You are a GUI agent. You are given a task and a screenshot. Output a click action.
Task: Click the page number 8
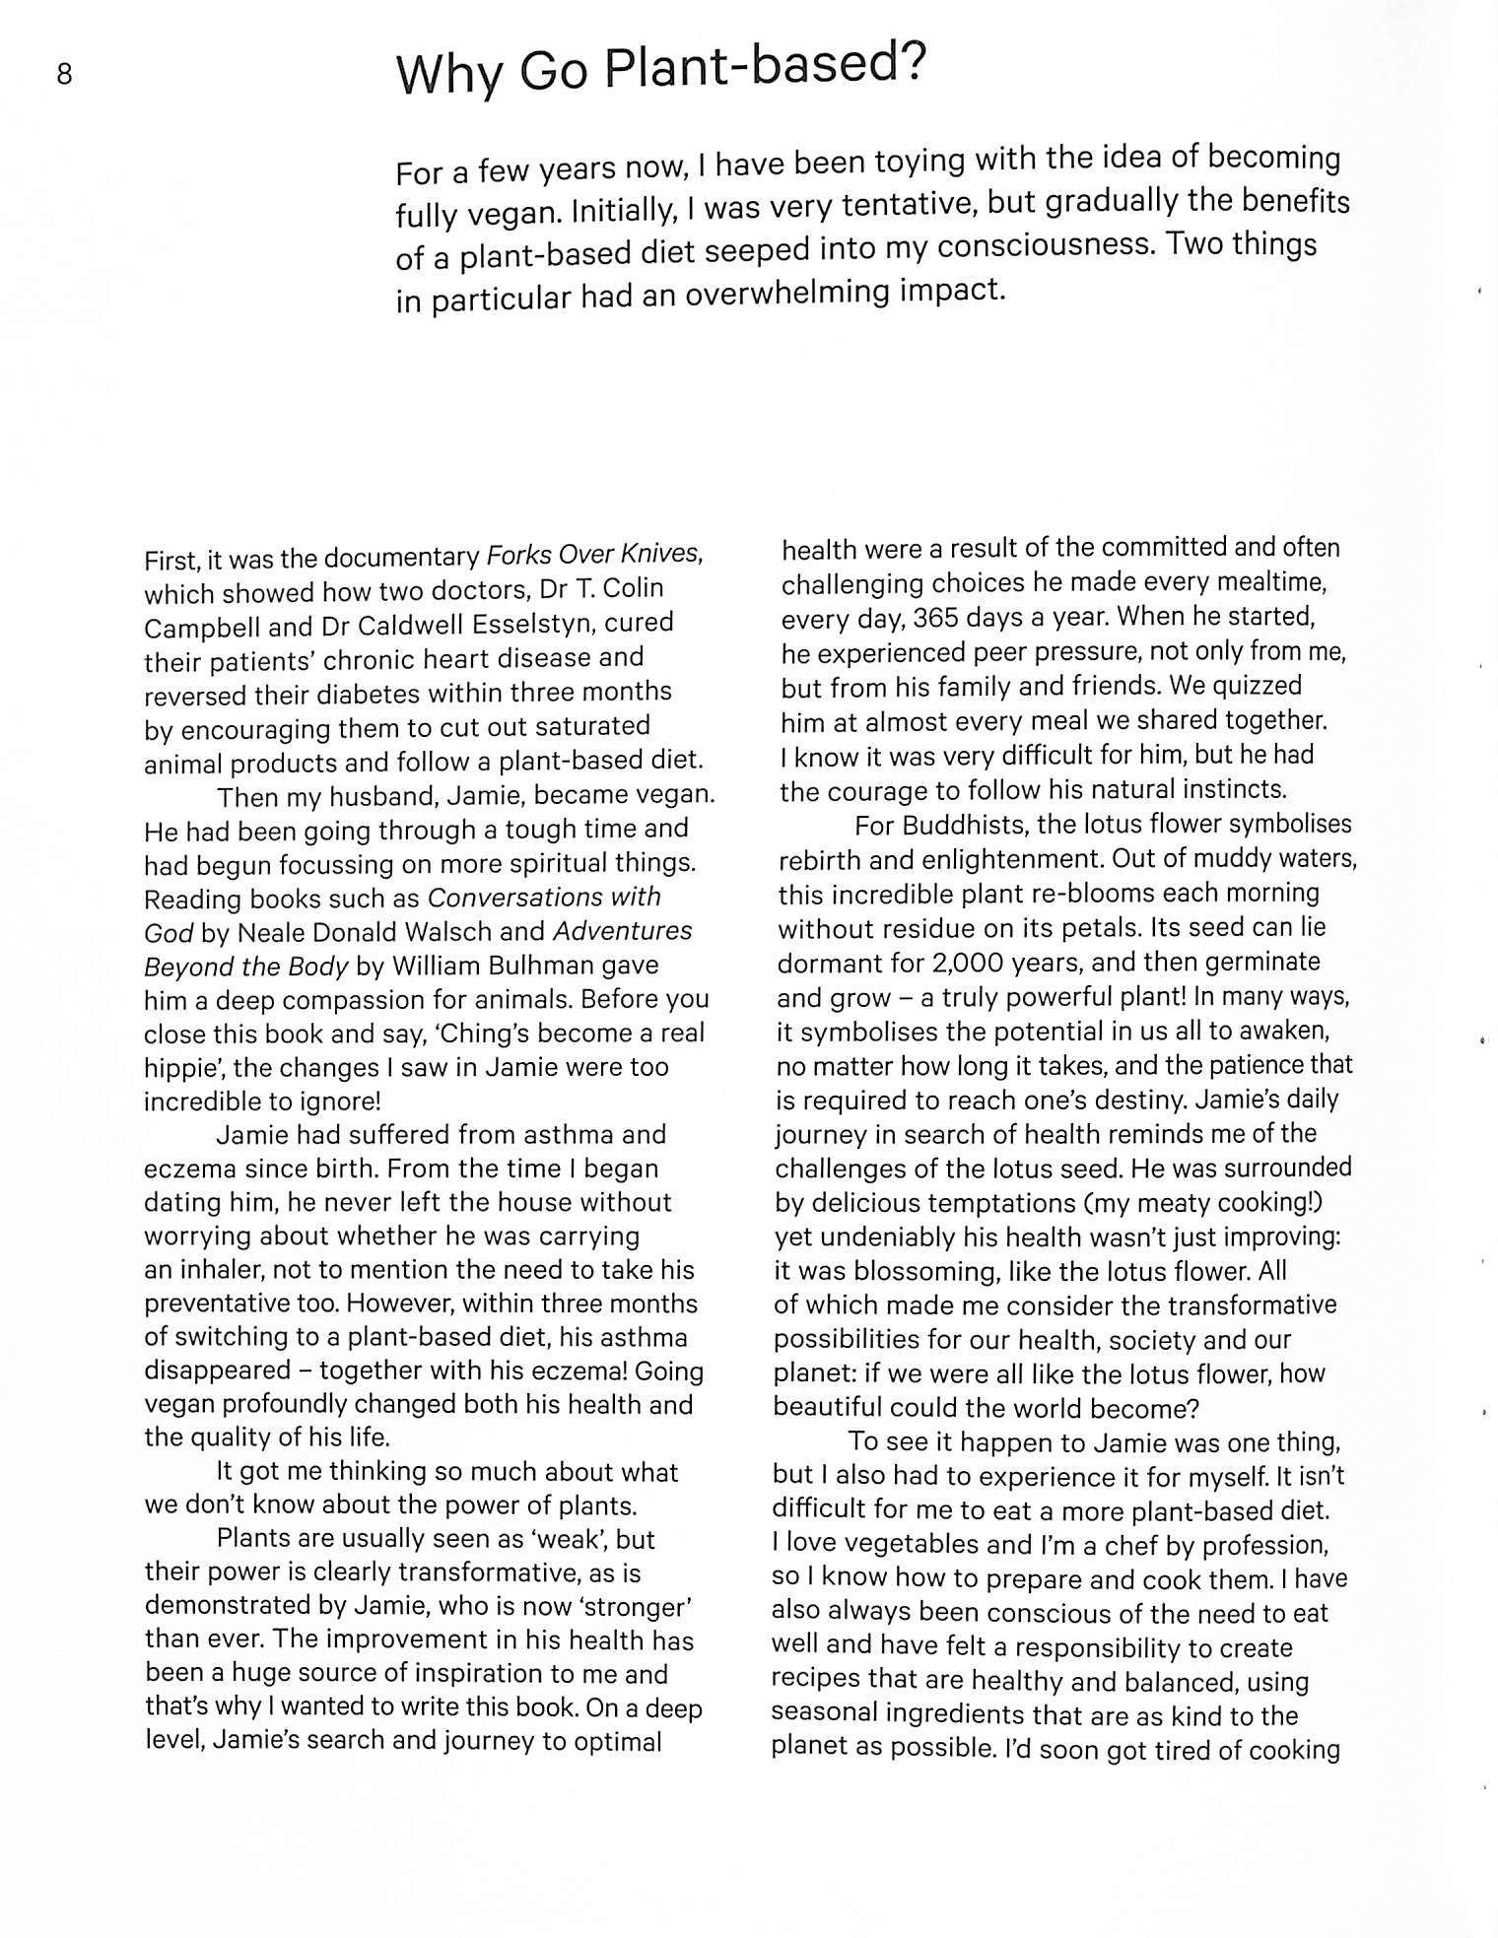pos(64,74)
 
